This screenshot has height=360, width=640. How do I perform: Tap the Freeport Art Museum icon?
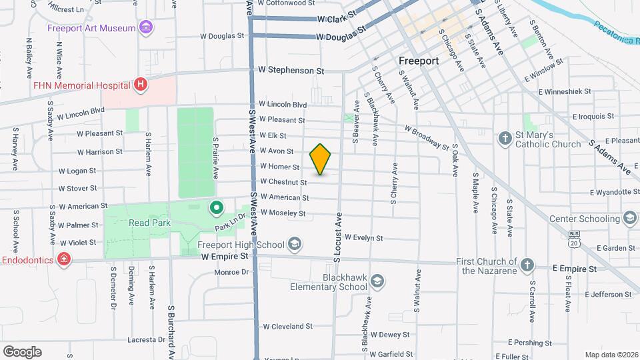point(146,27)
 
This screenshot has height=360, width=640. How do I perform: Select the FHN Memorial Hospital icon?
point(140,85)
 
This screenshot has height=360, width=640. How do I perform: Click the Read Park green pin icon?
point(217,209)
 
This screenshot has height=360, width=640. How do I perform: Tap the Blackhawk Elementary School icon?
point(377,281)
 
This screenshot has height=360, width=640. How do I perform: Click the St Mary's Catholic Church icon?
point(505,139)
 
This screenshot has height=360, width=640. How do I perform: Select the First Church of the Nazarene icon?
point(527,264)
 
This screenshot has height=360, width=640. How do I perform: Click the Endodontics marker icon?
point(64,259)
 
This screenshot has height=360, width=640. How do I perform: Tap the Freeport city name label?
point(418,61)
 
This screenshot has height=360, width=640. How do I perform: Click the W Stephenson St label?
point(291,69)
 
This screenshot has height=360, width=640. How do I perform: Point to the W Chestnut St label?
point(283,181)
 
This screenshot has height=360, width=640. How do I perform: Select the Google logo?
point(22,351)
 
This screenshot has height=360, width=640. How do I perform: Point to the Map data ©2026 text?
point(611,355)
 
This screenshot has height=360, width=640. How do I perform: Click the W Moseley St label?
point(283,213)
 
